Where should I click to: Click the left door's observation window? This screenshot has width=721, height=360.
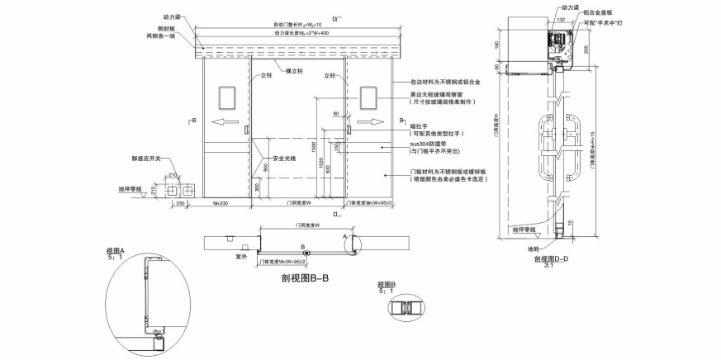coord(225,98)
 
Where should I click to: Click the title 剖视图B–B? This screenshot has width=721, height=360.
coord(306,277)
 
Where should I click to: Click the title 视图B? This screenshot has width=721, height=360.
coord(387,285)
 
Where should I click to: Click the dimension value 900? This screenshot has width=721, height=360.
coord(265,168)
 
